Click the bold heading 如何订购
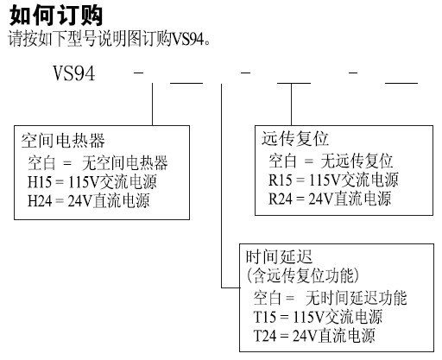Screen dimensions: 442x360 click(x=56, y=16)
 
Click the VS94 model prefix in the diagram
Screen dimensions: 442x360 click(x=74, y=73)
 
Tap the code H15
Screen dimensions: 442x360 click(x=40, y=182)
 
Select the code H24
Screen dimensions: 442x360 click(x=40, y=200)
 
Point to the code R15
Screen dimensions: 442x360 click(x=281, y=180)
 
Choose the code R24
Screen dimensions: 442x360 click(x=281, y=199)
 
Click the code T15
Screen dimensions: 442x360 click(x=264, y=317)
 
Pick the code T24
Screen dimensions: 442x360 click(x=264, y=336)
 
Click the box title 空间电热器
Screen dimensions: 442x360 click(x=63, y=141)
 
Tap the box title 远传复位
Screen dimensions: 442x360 click(x=295, y=139)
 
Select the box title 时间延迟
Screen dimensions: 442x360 click(x=279, y=256)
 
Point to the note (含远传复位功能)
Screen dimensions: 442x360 click(x=303, y=275)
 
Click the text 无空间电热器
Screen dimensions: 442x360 click(x=124, y=163)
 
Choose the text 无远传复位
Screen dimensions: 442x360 click(x=357, y=161)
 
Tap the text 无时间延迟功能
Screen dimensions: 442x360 click(x=357, y=298)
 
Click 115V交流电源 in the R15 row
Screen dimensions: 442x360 click(x=354, y=180)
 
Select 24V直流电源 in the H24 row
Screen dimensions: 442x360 click(x=109, y=200)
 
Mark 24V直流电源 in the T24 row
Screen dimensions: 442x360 click(x=334, y=336)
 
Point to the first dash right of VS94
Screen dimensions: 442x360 click(x=138, y=73)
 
